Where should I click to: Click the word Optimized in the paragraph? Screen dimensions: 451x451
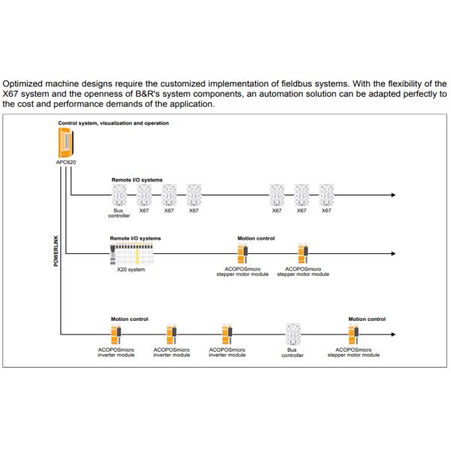pos(26,83)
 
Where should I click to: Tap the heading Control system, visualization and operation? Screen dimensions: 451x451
pos(114,123)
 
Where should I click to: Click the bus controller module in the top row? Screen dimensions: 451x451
pos(118,195)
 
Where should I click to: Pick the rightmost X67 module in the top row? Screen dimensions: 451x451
pos(326,195)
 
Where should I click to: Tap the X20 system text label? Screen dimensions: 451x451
pos(131,269)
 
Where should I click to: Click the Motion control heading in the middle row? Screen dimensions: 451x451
pos(256,238)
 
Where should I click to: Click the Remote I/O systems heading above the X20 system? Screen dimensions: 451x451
pos(135,238)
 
